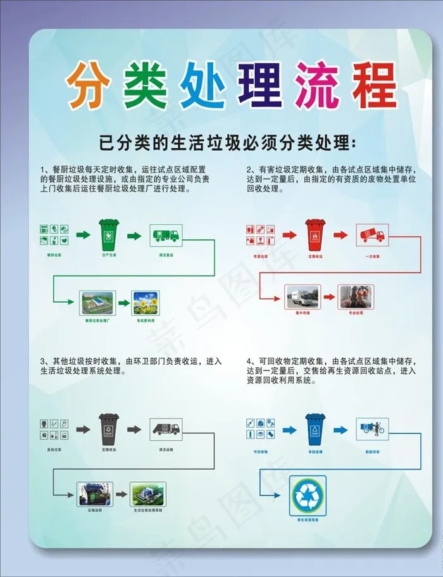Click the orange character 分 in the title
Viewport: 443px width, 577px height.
click(x=87, y=86)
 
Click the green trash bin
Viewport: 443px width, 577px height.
click(x=108, y=235)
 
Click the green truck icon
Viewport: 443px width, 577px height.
click(x=166, y=235)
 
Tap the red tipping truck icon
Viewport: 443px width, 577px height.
click(x=371, y=235)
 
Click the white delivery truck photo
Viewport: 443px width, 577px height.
click(x=302, y=296)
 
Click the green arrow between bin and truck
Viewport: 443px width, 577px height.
click(x=134, y=236)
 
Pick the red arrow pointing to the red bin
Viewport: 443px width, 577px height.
click(x=289, y=235)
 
